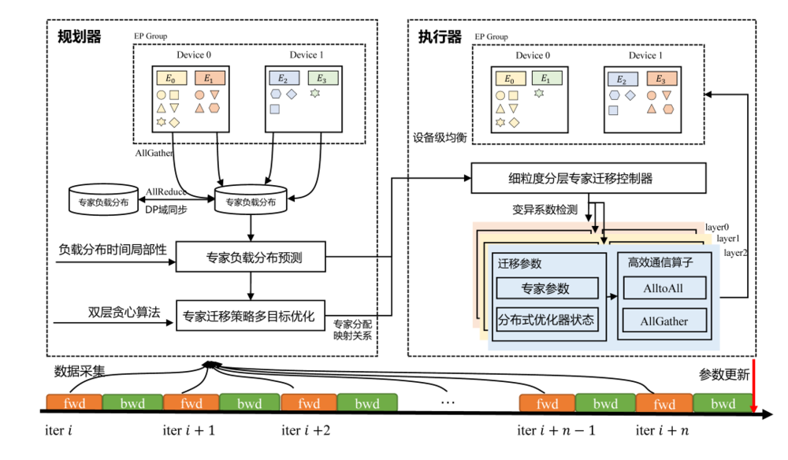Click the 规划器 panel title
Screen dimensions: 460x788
click(x=80, y=36)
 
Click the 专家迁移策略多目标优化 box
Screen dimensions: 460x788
click(x=249, y=317)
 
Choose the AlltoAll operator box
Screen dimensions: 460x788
click(x=663, y=287)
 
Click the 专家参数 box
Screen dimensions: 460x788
click(x=545, y=288)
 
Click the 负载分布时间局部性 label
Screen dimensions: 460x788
click(x=113, y=250)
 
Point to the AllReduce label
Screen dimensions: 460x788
click(x=166, y=191)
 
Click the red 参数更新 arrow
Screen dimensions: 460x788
click(x=754, y=386)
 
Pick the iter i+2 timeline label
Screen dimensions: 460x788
click(x=306, y=431)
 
